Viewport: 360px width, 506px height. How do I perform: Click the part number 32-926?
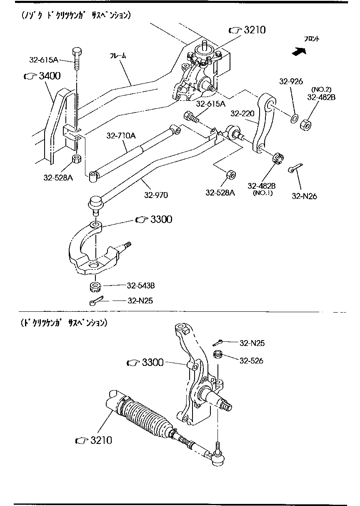pyautogui.click(x=291, y=81)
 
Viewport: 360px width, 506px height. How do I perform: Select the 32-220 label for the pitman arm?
pyautogui.click(x=242, y=113)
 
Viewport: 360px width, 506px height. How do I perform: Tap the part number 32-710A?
pyautogui.click(x=120, y=135)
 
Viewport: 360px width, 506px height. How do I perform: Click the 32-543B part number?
pyautogui.click(x=141, y=286)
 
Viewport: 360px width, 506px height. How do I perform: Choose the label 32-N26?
pyautogui.click(x=304, y=196)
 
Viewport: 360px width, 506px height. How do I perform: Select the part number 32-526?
pyautogui.click(x=251, y=361)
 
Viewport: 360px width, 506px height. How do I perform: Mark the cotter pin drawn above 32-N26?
pyautogui.click(x=295, y=168)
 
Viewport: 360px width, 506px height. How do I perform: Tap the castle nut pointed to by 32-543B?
pyautogui.click(x=95, y=287)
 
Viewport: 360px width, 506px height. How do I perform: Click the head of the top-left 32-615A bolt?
pyautogui.click(x=77, y=52)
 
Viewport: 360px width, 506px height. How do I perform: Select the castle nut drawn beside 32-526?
pyautogui.click(x=217, y=356)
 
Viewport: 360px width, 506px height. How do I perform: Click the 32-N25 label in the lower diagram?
pyautogui.click(x=252, y=343)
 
